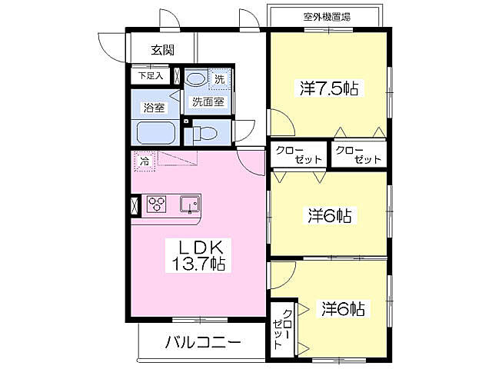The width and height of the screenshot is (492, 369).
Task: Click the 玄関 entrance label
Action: click(x=161, y=50)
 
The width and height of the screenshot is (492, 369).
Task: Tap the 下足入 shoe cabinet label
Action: click(x=150, y=76)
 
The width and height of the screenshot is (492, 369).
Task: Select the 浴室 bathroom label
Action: click(x=155, y=108)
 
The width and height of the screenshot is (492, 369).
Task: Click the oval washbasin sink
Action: click(x=196, y=79)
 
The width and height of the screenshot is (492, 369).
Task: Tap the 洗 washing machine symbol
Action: click(x=219, y=78)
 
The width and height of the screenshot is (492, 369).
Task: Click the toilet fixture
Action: click(x=203, y=132)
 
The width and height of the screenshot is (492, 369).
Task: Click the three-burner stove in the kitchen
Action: click(x=158, y=204)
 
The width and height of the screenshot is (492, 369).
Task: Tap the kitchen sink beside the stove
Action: click(x=190, y=204)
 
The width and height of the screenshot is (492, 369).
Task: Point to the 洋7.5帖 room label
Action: click(x=329, y=88)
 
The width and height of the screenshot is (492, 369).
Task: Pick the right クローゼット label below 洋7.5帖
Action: click(x=358, y=155)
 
